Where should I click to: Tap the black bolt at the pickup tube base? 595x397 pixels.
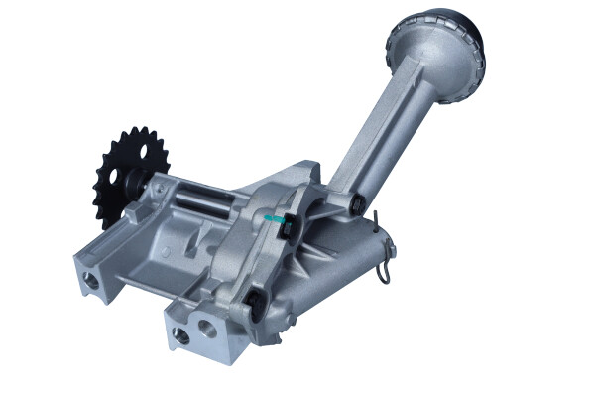click(x=353, y=204)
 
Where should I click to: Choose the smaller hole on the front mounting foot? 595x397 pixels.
click(x=181, y=334)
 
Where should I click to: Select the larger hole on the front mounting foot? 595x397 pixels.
click(x=208, y=324)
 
